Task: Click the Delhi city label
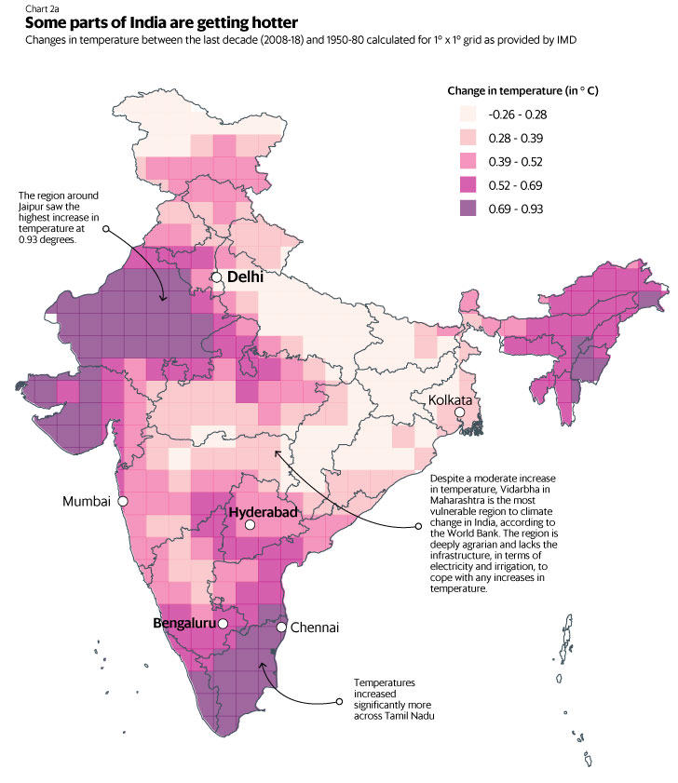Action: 245,277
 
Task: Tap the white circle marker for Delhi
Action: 216,277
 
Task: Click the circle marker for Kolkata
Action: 459,412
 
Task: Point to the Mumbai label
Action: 86,501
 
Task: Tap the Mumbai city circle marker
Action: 123,501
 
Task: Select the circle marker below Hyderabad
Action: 250,526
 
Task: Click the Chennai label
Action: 314,628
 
